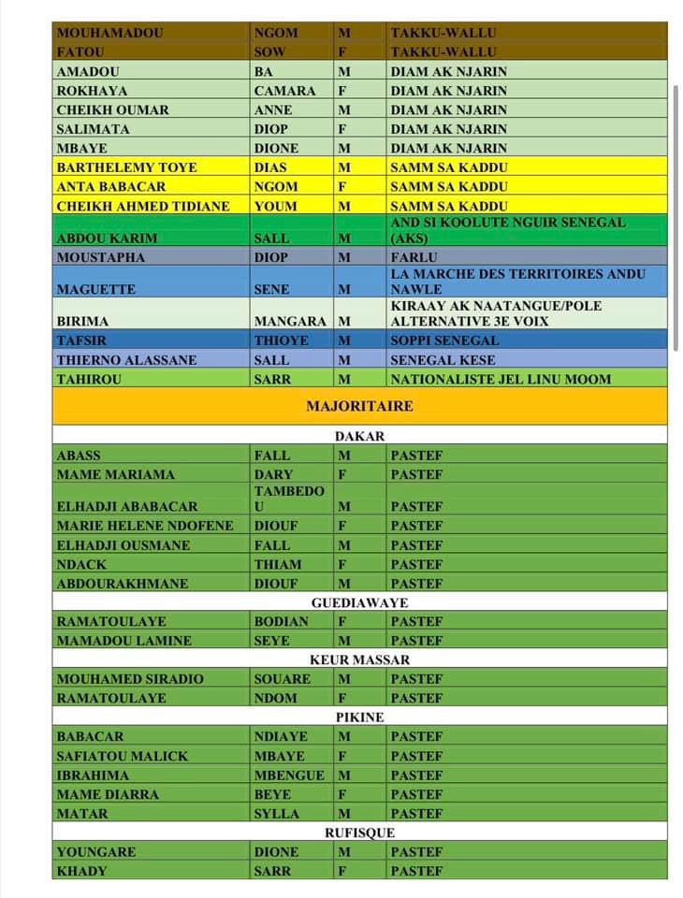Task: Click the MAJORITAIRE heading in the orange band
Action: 359,406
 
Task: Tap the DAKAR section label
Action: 359,436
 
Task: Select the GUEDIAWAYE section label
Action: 359,603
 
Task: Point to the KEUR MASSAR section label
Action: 359,660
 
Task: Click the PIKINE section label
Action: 359,717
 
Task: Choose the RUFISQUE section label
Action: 359,833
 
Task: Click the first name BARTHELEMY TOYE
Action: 127,167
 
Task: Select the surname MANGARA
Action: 291,321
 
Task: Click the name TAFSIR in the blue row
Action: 81,340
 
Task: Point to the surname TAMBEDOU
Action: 289,498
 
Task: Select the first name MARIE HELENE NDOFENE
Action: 145,526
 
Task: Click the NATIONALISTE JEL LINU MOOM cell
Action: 501,379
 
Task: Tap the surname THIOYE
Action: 281,340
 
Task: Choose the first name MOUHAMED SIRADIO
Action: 130,679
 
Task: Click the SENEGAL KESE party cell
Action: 443,360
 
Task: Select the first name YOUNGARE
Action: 96,852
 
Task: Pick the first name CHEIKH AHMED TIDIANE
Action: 143,206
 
